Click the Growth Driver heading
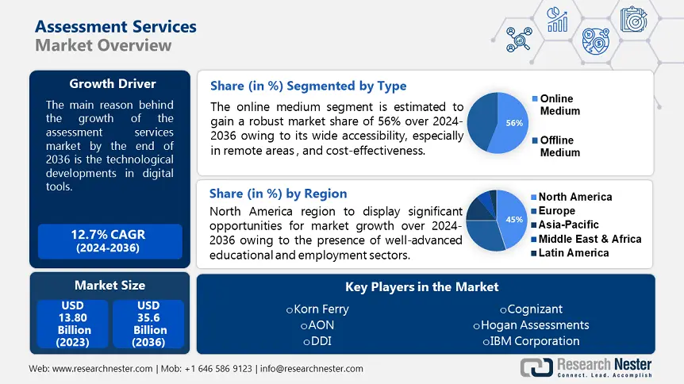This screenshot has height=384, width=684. pyautogui.click(x=112, y=84)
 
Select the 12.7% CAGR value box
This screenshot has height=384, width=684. pyautogui.click(x=110, y=241)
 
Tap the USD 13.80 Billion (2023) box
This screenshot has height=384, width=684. pyautogui.click(x=74, y=323)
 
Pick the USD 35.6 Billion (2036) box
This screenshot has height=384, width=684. pyautogui.click(x=149, y=323)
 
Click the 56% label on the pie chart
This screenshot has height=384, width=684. pyautogui.click(x=514, y=123)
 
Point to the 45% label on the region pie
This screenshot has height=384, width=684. pyautogui.click(x=513, y=220)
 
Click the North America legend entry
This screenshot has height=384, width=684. pyautogui.click(x=574, y=197)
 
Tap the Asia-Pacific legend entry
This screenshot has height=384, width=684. pyautogui.click(x=568, y=225)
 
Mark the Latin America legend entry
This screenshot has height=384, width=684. pyautogui.click(x=573, y=252)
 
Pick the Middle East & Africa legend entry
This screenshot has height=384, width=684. pyautogui.click(x=589, y=239)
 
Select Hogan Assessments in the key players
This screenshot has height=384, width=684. pyautogui.click(x=531, y=324)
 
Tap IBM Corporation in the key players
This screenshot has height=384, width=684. pyautogui.click(x=531, y=341)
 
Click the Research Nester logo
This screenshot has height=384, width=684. pyautogui.click(x=586, y=367)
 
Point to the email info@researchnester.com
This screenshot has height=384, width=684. pyautogui.click(x=312, y=369)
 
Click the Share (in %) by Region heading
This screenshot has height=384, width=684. pyautogui.click(x=278, y=193)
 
